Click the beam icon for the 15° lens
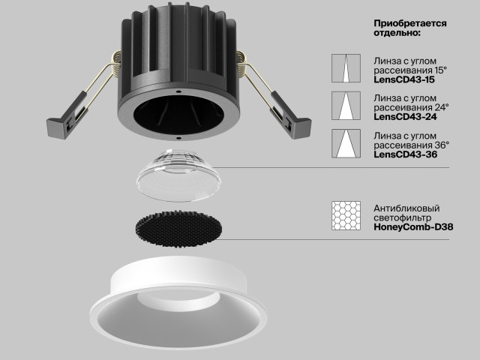click(x=346, y=68)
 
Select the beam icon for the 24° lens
click(x=346, y=106)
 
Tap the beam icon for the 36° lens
click(x=346, y=143)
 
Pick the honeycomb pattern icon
click(x=346, y=215)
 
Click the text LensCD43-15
click(x=404, y=79)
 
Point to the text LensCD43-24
click(x=405, y=117)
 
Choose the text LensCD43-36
click(x=405, y=154)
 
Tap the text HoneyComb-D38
click(x=413, y=227)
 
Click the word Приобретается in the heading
click(x=410, y=23)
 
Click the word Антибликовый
click(x=406, y=208)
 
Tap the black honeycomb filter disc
click(x=178, y=228)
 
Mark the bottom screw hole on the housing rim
click(x=178, y=138)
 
